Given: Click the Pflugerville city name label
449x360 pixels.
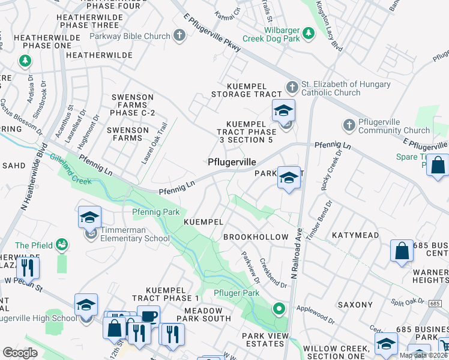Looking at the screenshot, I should coord(232,162).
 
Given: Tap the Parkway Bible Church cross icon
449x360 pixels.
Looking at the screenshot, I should coord(179,36).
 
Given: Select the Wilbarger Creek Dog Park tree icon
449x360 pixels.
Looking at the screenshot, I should coord(308,32).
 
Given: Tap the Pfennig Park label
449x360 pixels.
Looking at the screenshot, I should coord(155,212).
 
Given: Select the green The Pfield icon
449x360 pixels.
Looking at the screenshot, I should coord(61,244).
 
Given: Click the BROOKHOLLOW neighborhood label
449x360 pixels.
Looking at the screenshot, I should coord(256,237).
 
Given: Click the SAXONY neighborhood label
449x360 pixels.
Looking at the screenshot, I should coord(355,305).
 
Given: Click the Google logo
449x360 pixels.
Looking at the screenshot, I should coord(20,352).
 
